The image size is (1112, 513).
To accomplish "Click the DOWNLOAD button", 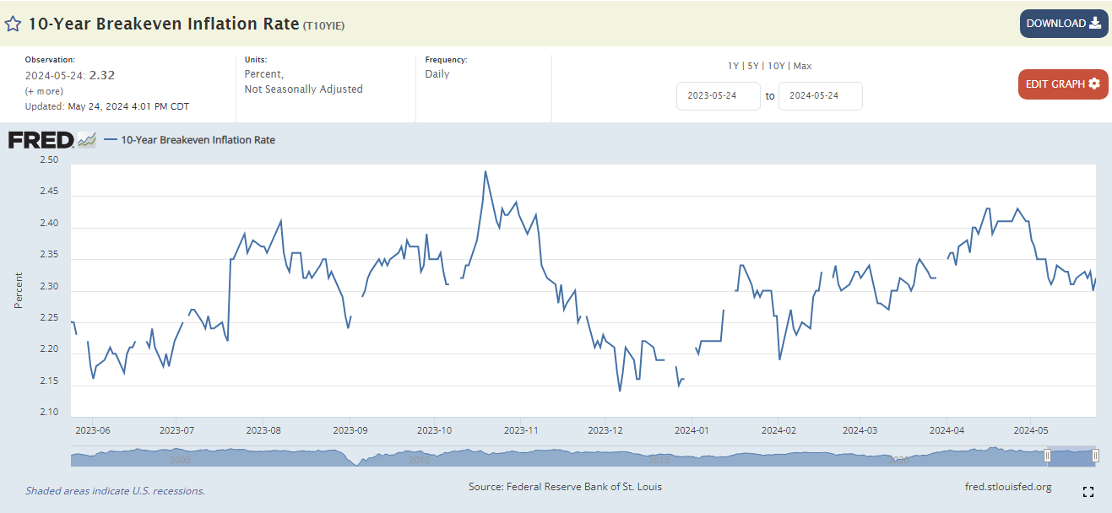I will [1063, 24].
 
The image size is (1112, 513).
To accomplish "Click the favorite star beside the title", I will [13, 24].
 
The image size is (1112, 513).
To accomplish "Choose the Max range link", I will [802, 66].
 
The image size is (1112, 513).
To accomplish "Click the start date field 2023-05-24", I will [718, 96].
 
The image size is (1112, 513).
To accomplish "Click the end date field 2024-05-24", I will [820, 96].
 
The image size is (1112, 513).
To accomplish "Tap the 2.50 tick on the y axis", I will [48, 160].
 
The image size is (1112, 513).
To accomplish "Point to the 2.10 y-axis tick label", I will [48, 413].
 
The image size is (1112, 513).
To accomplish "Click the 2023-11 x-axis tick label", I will [521, 430].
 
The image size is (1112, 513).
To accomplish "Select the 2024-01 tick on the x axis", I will [692, 430].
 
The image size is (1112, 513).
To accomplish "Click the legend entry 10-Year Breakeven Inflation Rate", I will [198, 140].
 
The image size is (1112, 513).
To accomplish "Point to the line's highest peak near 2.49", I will [485, 171].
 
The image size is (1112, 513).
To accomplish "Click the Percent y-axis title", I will [19, 289].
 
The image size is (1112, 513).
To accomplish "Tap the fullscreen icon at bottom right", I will [1088, 492].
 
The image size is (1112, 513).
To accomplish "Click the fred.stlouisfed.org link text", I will [1007, 487].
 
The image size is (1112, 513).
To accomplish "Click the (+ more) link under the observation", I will [44, 91].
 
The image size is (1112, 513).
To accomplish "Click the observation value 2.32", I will [102, 75].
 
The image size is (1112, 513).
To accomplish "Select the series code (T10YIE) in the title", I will [323, 25].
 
